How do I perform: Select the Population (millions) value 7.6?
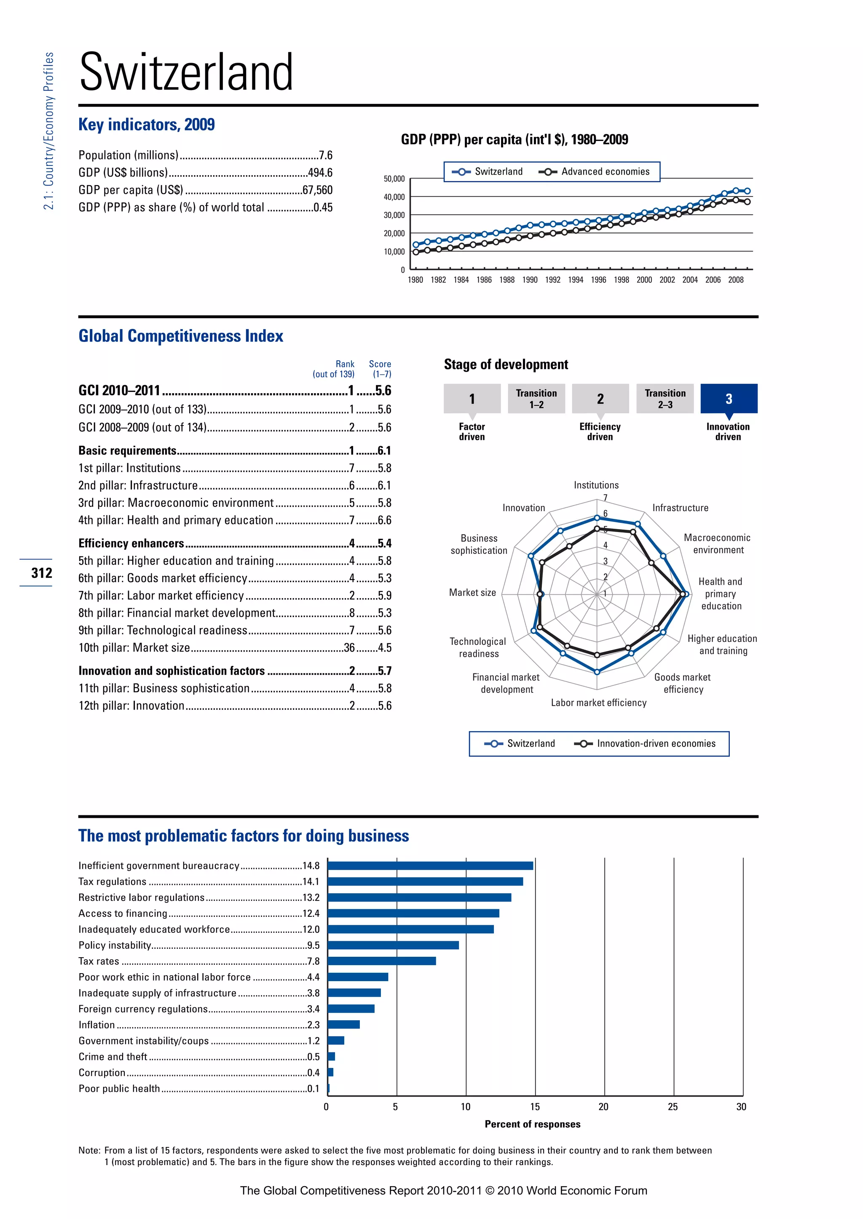325,155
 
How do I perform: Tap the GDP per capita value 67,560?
317,190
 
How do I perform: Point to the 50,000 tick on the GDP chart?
394,179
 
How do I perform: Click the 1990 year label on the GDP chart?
530,280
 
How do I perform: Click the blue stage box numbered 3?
729,398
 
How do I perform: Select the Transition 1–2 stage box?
536,398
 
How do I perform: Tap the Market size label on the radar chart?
472,593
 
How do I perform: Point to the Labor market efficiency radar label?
598,703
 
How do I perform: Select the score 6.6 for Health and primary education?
384,520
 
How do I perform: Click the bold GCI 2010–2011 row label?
120,391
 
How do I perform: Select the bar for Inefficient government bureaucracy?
430,865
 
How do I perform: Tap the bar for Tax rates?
381,961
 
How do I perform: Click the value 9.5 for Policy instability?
313,945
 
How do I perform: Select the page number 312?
41,573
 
